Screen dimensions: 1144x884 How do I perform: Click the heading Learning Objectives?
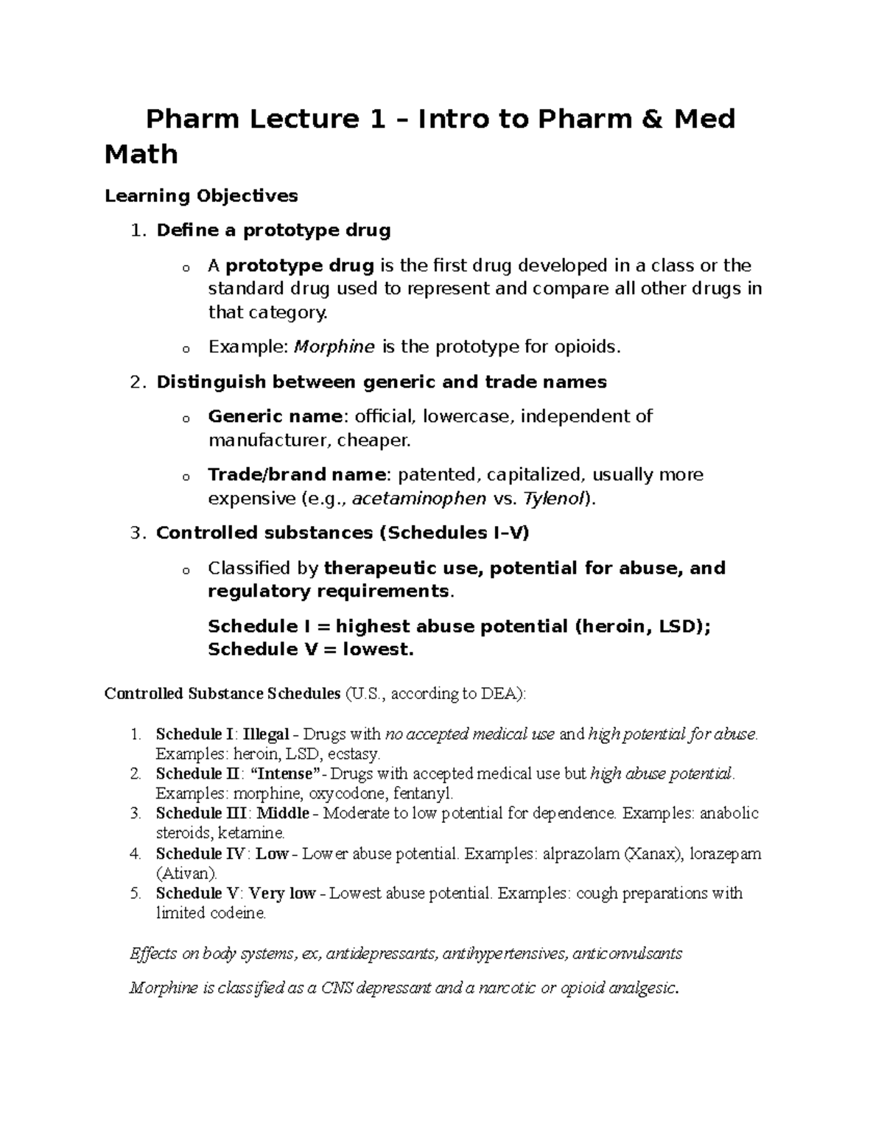click(201, 196)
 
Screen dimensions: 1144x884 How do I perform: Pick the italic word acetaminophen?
click(419, 499)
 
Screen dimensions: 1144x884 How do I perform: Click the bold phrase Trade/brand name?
click(297, 474)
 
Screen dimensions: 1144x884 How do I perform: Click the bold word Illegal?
click(266, 734)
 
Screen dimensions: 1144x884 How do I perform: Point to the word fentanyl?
click(423, 794)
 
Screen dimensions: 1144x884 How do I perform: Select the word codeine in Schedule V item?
click(240, 913)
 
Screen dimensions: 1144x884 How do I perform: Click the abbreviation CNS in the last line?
click(338, 989)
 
